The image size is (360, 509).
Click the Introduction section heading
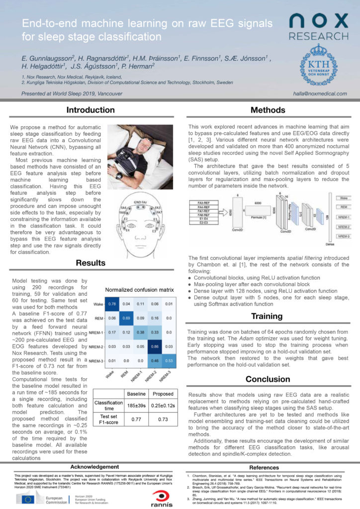click(x=91, y=110)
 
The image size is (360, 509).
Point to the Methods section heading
click(x=268, y=110)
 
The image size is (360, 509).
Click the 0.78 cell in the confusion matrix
click(x=112, y=289)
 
